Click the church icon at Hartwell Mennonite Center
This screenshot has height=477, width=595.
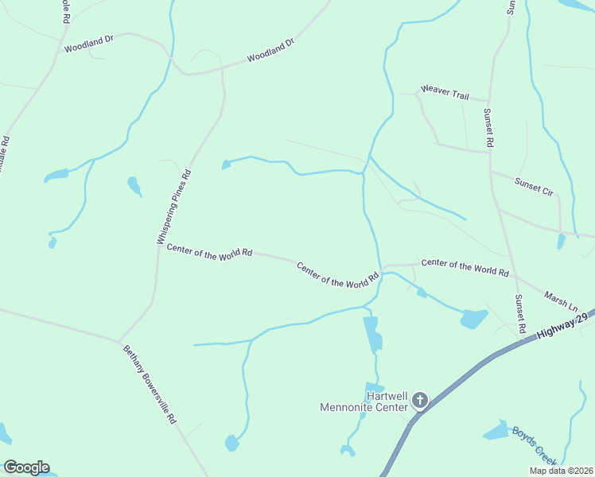coord(420,401)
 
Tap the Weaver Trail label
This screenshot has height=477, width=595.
coord(445,91)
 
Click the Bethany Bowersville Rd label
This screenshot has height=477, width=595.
coord(149,384)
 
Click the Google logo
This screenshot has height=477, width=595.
coord(26,467)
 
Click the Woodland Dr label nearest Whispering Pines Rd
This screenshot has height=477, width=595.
coord(270,52)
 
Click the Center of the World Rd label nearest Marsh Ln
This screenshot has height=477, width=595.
coord(465,267)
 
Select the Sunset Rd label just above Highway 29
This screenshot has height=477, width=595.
coord(520,313)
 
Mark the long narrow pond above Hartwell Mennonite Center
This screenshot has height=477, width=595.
coord(372,334)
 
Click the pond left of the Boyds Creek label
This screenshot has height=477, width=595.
coord(496,432)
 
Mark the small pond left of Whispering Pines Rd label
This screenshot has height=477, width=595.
coord(134,186)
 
